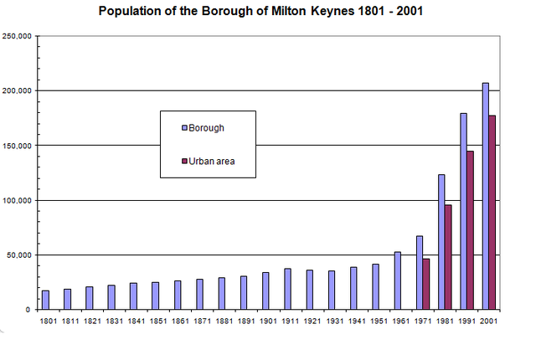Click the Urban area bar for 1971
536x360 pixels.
pyautogui.click(x=427, y=284)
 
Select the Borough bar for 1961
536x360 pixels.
pyautogui.click(x=398, y=280)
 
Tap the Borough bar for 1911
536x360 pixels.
pyautogui.click(x=287, y=289)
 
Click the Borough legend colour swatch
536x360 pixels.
pyautogui.click(x=184, y=128)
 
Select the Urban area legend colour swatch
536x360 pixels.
pyautogui.click(x=184, y=161)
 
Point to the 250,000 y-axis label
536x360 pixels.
pyautogui.click(x=17, y=37)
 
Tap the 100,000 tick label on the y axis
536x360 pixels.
pyautogui.click(x=17, y=201)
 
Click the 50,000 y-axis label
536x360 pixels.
pyautogui.click(x=18, y=255)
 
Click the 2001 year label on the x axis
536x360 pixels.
pyautogui.click(x=489, y=320)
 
